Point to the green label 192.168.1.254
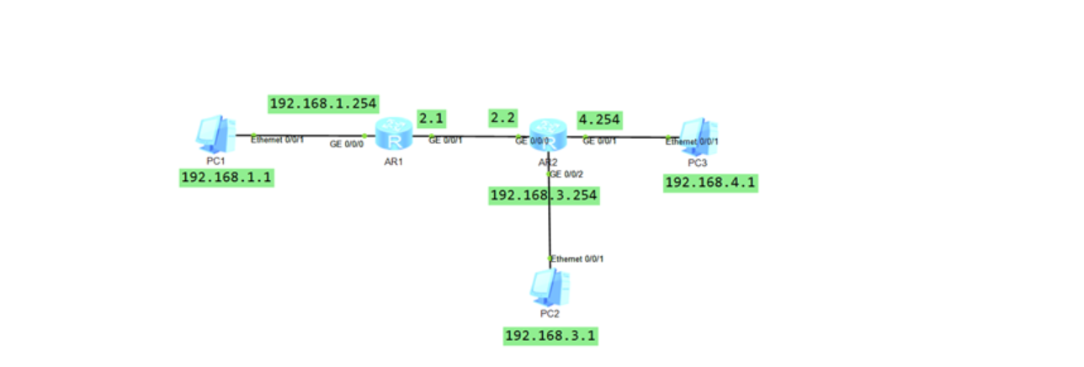[323, 104]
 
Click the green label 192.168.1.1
[227, 178]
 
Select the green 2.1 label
[431, 119]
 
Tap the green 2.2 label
[503, 119]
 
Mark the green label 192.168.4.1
[711, 183]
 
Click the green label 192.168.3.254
[545, 195]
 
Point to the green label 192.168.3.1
[550, 336]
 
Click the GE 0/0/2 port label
[566, 174]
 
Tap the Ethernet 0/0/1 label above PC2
[578, 258]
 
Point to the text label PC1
[215, 160]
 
